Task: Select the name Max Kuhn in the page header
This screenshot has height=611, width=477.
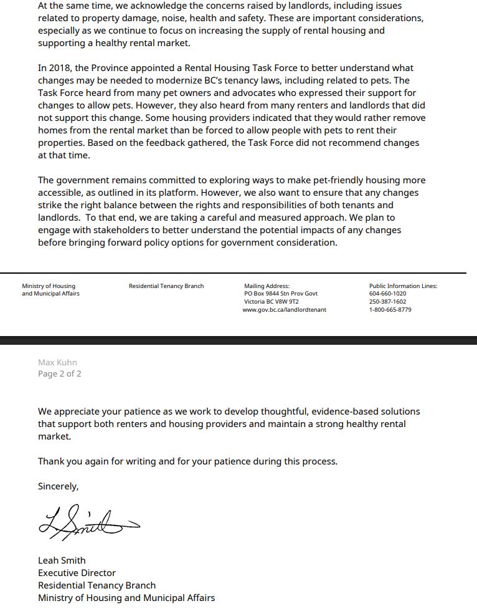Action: pyautogui.click(x=57, y=362)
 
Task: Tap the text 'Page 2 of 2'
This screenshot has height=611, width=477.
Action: pyautogui.click(x=59, y=374)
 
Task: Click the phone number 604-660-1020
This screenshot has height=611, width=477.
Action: pyautogui.click(x=387, y=294)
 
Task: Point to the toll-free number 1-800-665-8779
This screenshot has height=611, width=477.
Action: pyautogui.click(x=390, y=310)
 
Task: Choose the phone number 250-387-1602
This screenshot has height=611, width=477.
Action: pyautogui.click(x=387, y=302)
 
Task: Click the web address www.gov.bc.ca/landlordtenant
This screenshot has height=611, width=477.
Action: pyautogui.click(x=284, y=310)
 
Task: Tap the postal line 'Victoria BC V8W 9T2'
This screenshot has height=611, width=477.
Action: pyautogui.click(x=272, y=302)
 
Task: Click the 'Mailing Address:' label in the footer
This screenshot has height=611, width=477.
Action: pyautogui.click(x=267, y=286)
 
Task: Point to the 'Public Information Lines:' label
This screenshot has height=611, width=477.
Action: pyautogui.click(x=403, y=286)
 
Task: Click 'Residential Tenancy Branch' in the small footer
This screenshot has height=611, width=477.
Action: pyautogui.click(x=166, y=286)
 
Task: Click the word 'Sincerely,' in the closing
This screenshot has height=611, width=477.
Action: pyautogui.click(x=59, y=486)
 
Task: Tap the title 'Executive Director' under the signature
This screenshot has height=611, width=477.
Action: pyautogui.click(x=77, y=573)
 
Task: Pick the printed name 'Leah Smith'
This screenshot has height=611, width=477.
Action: pyautogui.click(x=62, y=560)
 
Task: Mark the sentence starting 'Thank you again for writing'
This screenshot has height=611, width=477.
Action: pyautogui.click(x=187, y=461)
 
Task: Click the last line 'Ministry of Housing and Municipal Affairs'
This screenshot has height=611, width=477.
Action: pyautogui.click(x=126, y=598)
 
